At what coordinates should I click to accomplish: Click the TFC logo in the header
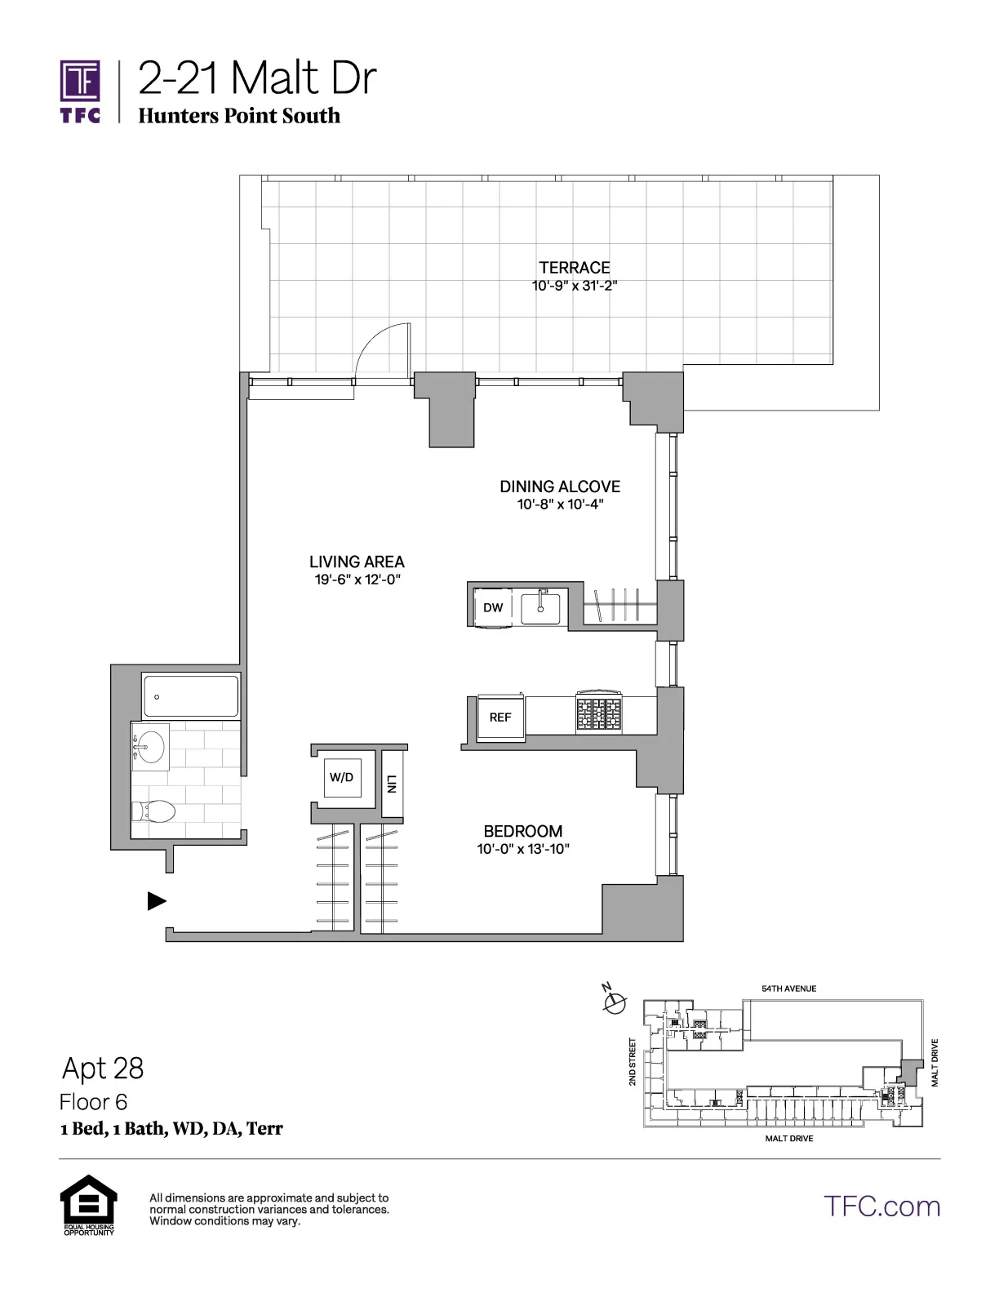coord(80,91)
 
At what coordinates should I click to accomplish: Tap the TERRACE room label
coord(574,268)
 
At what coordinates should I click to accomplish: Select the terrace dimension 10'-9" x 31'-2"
coord(574,287)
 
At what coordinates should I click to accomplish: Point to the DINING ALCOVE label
coord(560,487)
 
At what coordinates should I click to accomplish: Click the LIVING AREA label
coord(357,562)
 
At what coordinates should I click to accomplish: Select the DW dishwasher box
coord(493,607)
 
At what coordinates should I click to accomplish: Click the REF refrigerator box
coord(500,718)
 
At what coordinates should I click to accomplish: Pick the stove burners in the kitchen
coord(598,714)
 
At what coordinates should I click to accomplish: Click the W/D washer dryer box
coord(341,777)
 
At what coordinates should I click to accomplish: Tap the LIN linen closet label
coord(392,784)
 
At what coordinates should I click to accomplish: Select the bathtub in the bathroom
coord(191,696)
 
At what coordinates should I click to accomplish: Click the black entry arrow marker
coord(157,901)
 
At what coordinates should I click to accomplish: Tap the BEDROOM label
coord(522,831)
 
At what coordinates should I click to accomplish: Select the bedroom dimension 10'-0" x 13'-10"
coord(522,849)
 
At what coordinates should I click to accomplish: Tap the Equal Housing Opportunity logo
coord(89,1204)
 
